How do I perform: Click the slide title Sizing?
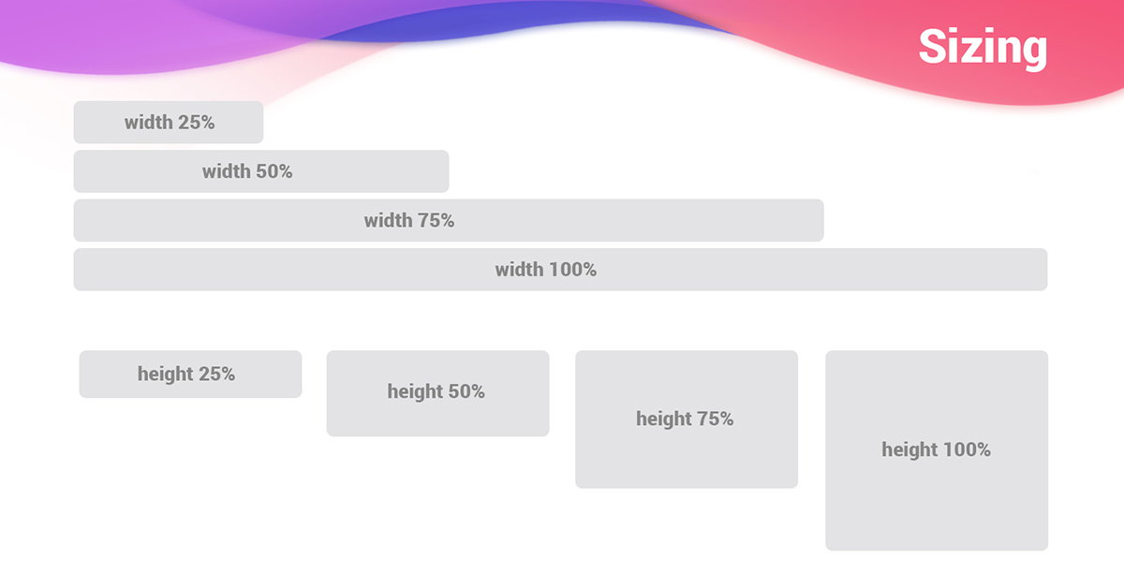click(983, 47)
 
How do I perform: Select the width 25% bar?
click(168, 123)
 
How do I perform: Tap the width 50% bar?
click(260, 171)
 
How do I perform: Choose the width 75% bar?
click(448, 221)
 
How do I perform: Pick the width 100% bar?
click(560, 270)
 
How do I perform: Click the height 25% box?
click(190, 375)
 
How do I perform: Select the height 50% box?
click(437, 393)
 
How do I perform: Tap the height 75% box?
click(687, 419)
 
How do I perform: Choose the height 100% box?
click(937, 450)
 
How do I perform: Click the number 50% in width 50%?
click(274, 171)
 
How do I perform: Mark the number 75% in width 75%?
click(436, 221)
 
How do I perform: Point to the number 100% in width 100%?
click(572, 270)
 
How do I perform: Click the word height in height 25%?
click(165, 375)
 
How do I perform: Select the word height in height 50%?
click(415, 392)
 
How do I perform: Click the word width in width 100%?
click(519, 270)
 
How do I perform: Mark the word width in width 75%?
click(388, 221)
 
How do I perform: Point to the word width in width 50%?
click(226, 171)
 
